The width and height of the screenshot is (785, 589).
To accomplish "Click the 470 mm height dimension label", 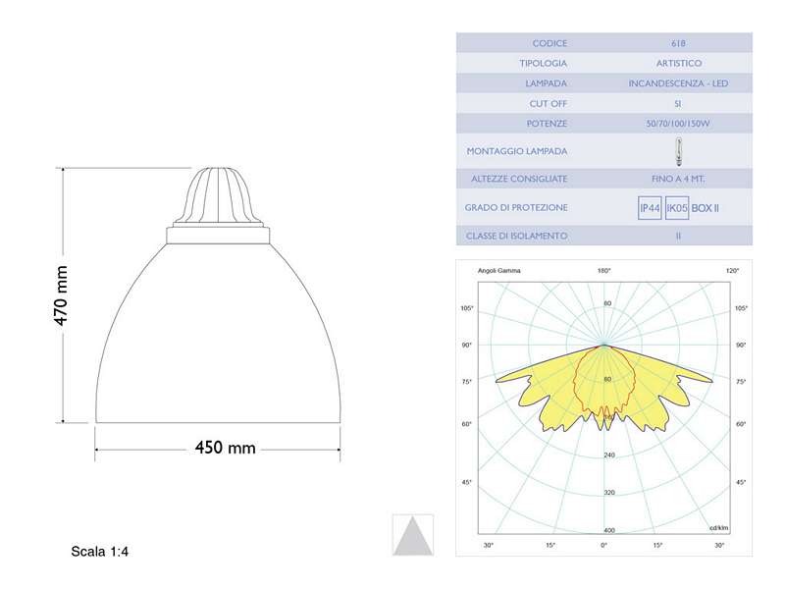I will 60,294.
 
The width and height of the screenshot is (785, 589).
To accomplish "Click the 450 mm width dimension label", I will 225,448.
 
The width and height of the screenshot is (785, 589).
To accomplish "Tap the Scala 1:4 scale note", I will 100,552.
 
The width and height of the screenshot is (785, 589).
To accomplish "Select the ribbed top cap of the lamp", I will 219,197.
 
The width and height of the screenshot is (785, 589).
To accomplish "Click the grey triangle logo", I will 412,535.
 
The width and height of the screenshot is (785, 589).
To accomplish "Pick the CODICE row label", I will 549,43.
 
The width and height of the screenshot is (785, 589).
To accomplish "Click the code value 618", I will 679,43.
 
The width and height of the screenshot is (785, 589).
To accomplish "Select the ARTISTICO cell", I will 679,63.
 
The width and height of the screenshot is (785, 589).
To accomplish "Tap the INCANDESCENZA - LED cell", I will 679,83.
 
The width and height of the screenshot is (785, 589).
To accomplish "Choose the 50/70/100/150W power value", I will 679,124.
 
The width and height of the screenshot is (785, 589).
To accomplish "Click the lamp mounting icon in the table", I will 679,151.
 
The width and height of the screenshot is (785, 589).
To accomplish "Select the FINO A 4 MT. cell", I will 679,179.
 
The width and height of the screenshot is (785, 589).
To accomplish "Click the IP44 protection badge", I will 650,208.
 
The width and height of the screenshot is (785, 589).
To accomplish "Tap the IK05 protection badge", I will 676,208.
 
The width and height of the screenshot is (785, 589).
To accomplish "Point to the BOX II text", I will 706,208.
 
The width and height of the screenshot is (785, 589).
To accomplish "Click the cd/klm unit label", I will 721,528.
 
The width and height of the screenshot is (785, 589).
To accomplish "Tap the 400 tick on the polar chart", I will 608,530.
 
